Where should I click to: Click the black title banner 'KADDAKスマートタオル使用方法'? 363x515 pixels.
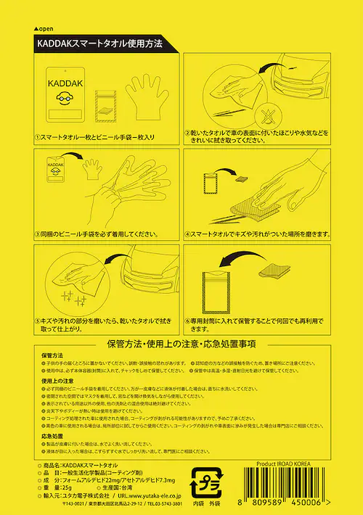tap(100, 44)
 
